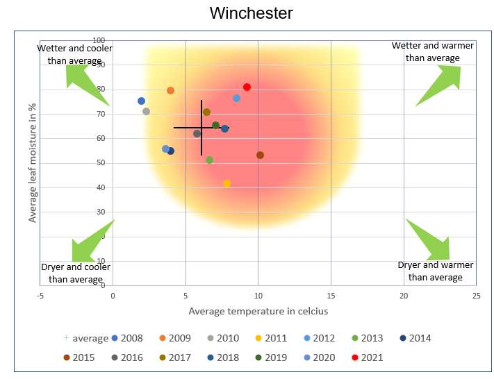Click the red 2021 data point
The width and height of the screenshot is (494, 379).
point(247,87)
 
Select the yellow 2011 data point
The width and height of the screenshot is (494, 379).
point(227,183)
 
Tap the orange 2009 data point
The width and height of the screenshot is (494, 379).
point(170,90)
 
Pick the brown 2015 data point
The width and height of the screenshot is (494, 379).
point(260,155)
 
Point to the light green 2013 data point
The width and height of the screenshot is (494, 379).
point(209,160)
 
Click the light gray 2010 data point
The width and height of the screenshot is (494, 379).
point(146,111)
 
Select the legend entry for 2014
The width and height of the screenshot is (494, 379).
point(414,338)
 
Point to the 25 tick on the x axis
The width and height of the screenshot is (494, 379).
point(476,296)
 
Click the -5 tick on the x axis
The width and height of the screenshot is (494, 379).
point(40,296)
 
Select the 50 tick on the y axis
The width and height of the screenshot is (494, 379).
point(100,163)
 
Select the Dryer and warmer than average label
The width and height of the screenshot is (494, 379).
point(435,271)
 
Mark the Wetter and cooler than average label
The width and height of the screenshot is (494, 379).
point(74,54)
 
